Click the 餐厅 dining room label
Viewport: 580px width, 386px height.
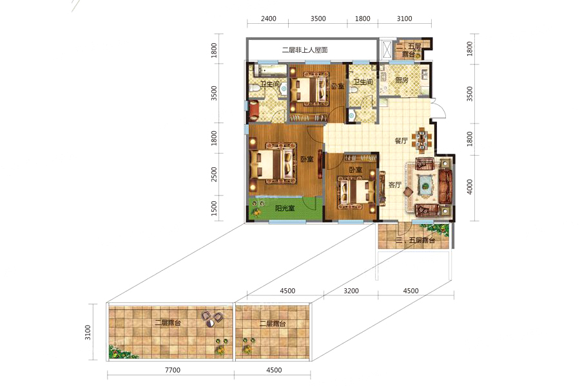click(401, 141)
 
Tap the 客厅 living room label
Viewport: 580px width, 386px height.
click(394, 185)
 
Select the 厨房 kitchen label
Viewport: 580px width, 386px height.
click(401, 79)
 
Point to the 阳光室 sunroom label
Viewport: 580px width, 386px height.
click(285, 208)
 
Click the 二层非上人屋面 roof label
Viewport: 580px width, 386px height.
click(305, 50)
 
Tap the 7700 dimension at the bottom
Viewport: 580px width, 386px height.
click(172, 370)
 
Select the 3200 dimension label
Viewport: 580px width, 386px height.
click(351, 291)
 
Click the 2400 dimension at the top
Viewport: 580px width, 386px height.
click(268, 19)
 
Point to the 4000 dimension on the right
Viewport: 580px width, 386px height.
click(470, 187)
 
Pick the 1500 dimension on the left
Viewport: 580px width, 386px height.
click(214, 208)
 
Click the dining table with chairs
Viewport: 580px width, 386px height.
click(421, 140)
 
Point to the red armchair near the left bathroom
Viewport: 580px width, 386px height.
click(254, 110)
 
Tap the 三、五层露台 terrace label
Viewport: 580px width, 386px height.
click(415, 241)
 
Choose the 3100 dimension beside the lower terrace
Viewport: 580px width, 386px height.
click(88, 332)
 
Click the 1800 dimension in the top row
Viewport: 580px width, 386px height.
click(362, 19)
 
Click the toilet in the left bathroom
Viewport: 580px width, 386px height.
click(255, 88)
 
